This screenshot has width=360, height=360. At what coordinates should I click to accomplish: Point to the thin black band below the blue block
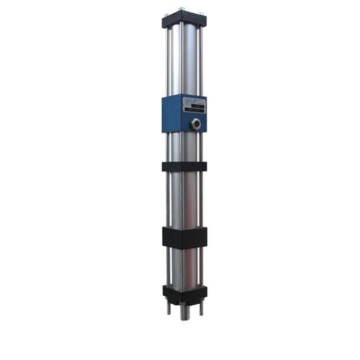[184, 166]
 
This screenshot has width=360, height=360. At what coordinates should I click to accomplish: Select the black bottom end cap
[184, 292]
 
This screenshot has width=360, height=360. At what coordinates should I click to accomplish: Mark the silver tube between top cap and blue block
[185, 61]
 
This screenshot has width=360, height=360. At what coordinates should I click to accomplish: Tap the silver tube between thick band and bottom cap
[185, 266]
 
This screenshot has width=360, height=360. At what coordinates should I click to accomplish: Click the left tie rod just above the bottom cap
[170, 274]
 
